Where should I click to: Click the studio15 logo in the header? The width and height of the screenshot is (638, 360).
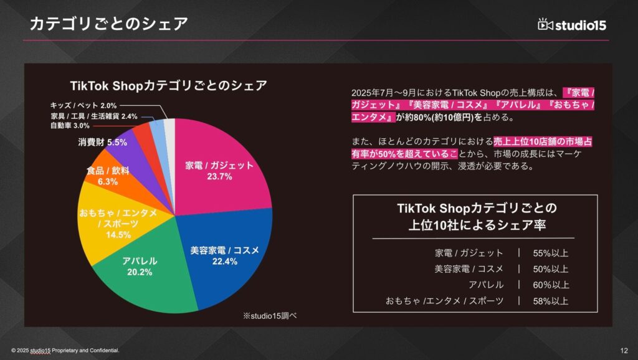coord(571,24)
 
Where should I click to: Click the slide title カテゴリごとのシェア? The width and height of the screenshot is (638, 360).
coord(109,24)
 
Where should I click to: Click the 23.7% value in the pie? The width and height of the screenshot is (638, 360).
coord(219,177)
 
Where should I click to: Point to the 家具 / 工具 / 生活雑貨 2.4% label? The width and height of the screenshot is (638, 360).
coord(93,116)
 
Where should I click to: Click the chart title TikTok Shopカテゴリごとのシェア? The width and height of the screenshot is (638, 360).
coord(168,85)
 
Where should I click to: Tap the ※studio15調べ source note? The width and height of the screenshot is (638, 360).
coord(269,316)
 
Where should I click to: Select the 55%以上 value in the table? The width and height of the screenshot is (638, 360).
coord(551,253)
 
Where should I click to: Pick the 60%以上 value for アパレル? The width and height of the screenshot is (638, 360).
coord(551,285)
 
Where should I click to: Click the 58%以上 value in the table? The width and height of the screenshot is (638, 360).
coord(551,301)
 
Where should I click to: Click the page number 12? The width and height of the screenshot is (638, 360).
coord(624,349)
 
